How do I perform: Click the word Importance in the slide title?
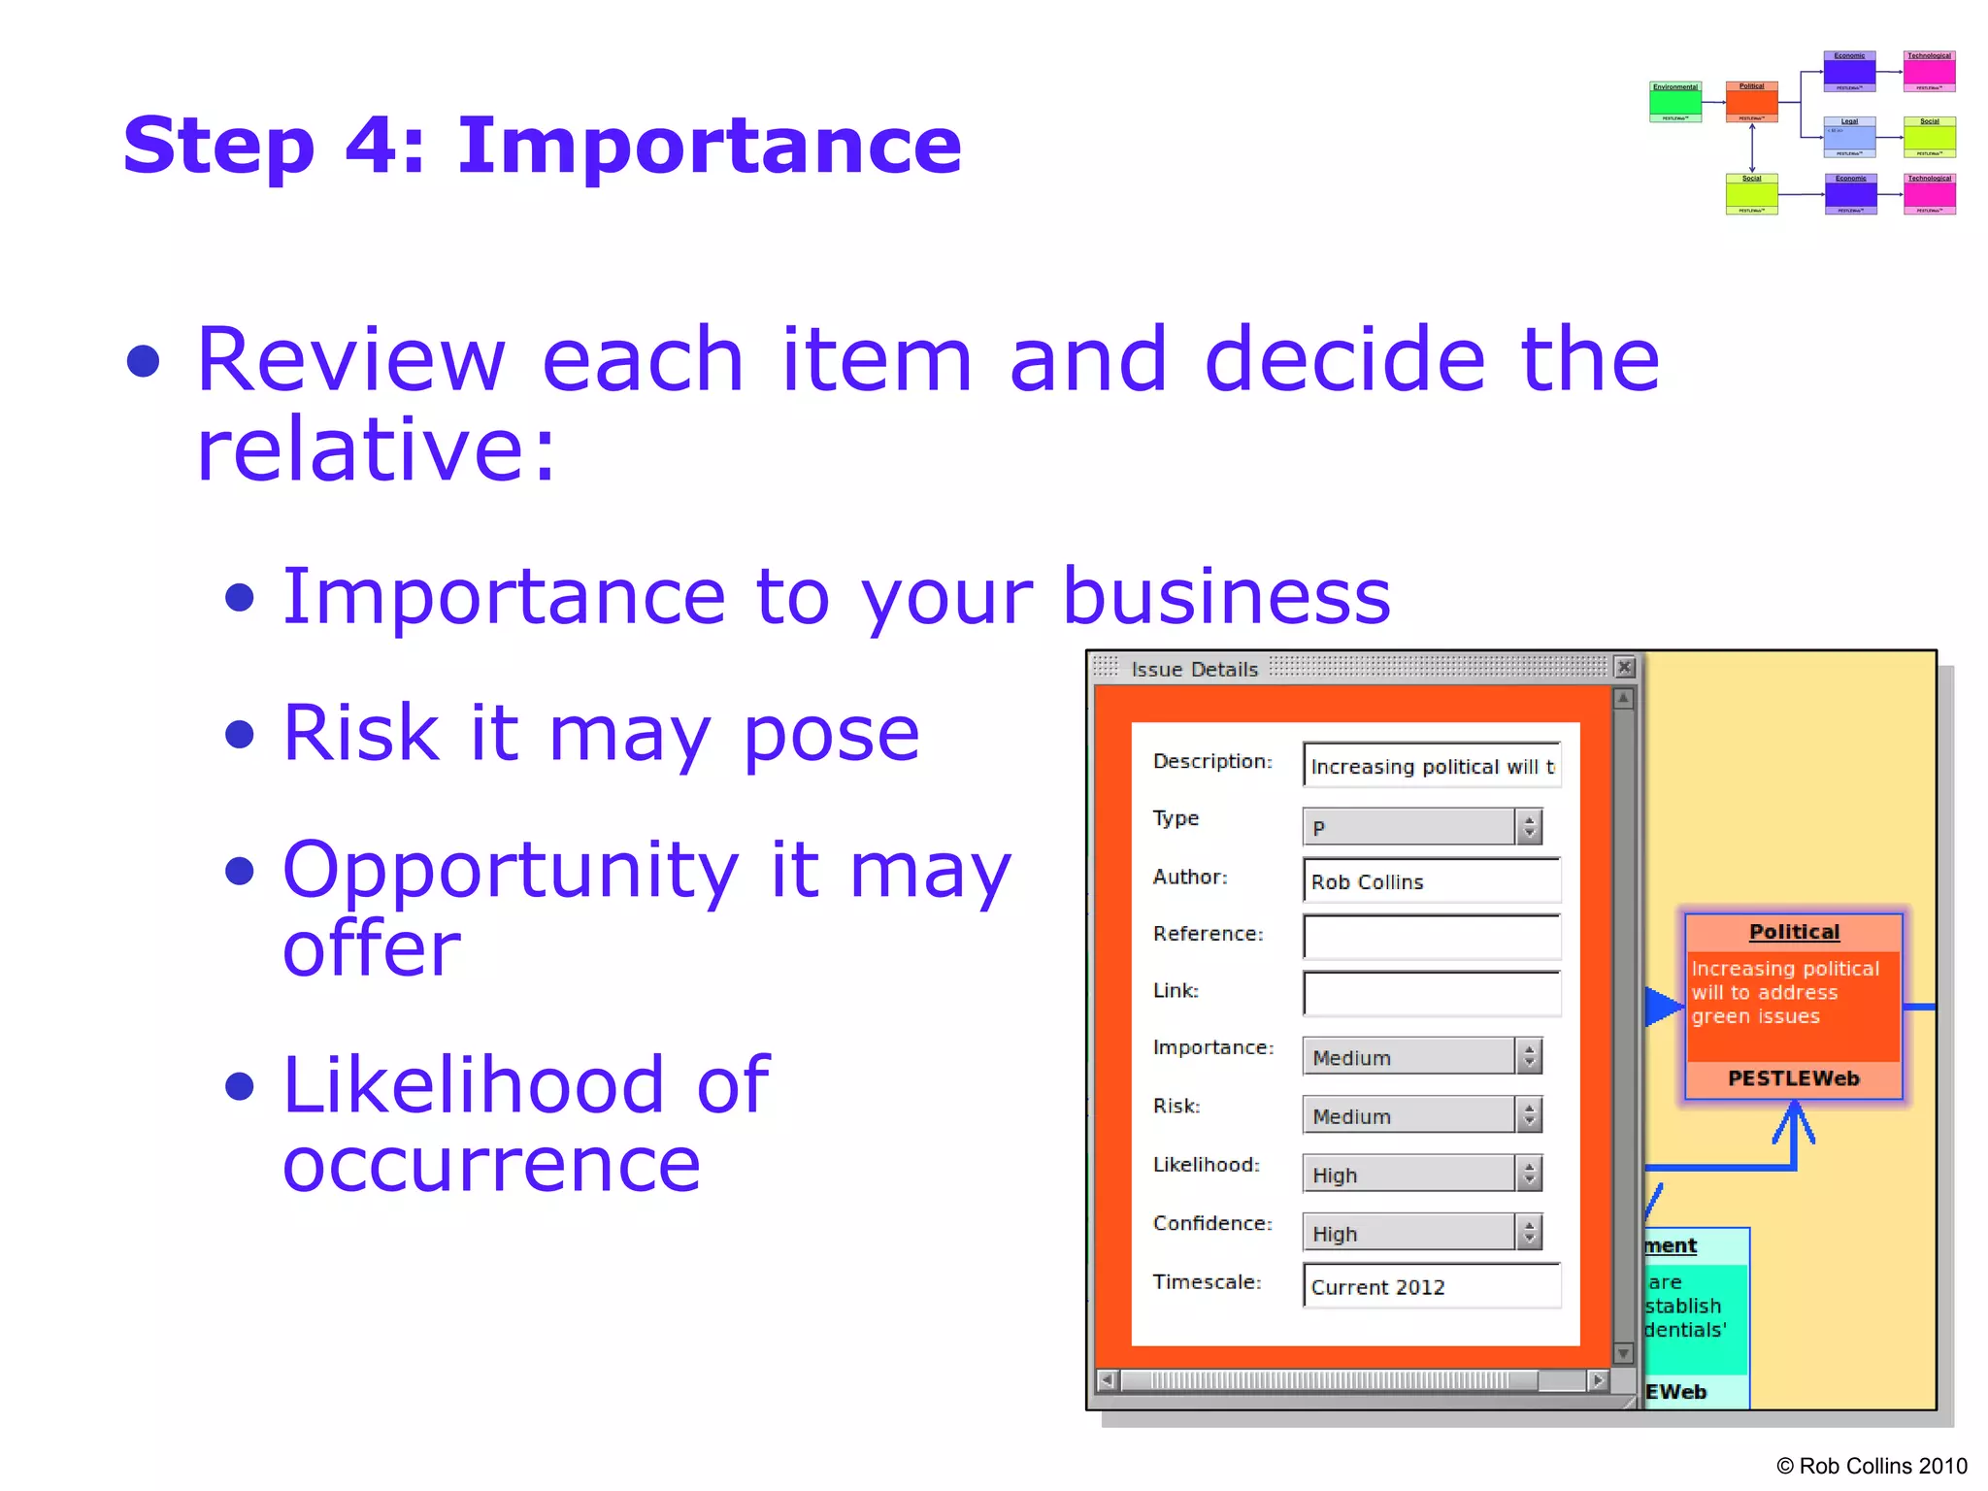pyautogui.click(x=709, y=146)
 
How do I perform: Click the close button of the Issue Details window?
pyautogui.click(x=1624, y=668)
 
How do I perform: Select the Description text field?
pyautogui.click(x=1431, y=766)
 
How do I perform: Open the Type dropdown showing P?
pyautogui.click(x=1420, y=827)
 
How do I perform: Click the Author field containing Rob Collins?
pyautogui.click(x=1431, y=881)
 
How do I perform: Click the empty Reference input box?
pyautogui.click(x=1431, y=937)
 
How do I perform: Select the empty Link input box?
pyautogui.click(x=1431, y=993)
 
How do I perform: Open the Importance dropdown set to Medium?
pyautogui.click(x=1420, y=1057)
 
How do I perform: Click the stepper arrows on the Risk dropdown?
pyautogui.click(x=1529, y=1115)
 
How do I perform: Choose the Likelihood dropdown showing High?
pyautogui.click(x=1420, y=1175)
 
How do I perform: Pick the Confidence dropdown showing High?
pyautogui.click(x=1420, y=1233)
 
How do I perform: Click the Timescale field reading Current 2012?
pyautogui.click(x=1431, y=1286)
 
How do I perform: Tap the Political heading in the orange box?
pyautogui.click(x=1794, y=932)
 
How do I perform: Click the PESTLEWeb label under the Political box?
pyautogui.click(x=1794, y=1078)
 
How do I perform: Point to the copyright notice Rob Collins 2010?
pyautogui.click(x=1872, y=1466)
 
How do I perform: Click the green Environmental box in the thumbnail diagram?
pyautogui.click(x=1675, y=102)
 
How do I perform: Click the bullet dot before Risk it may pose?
pyautogui.click(x=239, y=734)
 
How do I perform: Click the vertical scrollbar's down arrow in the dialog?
pyautogui.click(x=1623, y=1353)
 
